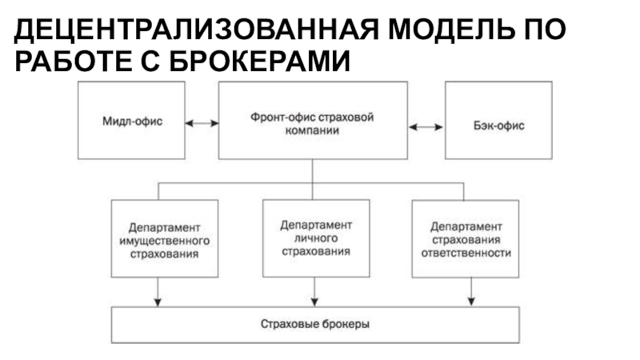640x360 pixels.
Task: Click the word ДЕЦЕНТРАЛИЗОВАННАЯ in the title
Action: point(196,30)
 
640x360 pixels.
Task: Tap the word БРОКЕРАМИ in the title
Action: point(259,62)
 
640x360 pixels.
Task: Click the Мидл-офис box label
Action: point(132,122)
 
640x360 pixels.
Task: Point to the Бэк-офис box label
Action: point(498,126)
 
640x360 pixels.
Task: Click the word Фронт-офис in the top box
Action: point(282,118)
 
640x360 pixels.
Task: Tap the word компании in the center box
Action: point(312,130)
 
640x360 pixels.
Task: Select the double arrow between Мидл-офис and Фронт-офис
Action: point(202,123)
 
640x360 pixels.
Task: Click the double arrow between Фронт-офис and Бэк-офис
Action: point(426,127)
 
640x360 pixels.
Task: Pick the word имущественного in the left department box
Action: point(165,241)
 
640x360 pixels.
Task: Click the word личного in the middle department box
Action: point(316,238)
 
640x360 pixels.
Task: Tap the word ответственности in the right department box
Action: point(466,253)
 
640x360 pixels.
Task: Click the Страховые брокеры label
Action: point(315,324)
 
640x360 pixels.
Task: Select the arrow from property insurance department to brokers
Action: point(158,292)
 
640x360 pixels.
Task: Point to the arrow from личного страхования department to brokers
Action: point(314,292)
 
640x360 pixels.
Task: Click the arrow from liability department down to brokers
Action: point(471,292)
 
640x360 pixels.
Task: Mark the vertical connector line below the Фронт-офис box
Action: point(312,179)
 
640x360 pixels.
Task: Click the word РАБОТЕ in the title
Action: point(74,62)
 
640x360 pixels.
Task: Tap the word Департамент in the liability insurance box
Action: point(466,226)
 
